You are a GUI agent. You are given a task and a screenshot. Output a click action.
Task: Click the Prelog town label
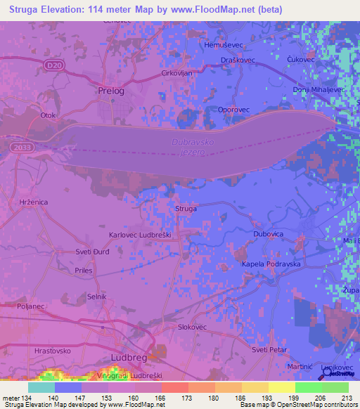coord(110,91)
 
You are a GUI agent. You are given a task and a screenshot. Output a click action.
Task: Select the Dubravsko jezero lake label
coord(191,147)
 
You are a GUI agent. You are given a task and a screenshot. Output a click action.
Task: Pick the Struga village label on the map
coord(186,209)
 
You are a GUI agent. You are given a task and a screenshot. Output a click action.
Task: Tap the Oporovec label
coord(214,110)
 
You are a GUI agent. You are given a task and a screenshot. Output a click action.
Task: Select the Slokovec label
coord(192,327)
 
